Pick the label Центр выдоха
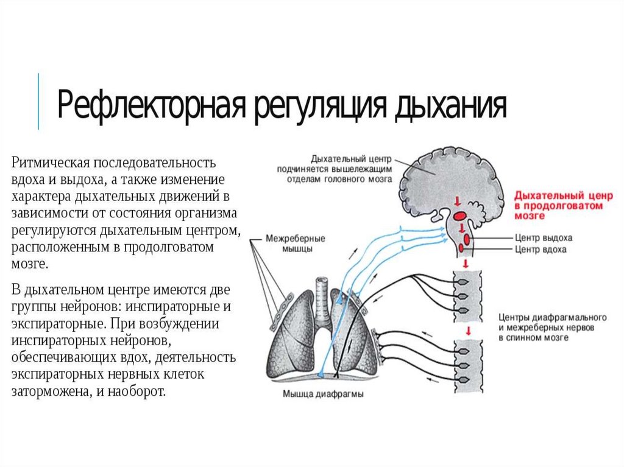[x=544, y=238]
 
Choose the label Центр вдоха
[x=541, y=249]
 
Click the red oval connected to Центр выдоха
[x=461, y=230]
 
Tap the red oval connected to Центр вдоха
[x=467, y=241]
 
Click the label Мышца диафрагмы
[x=323, y=394]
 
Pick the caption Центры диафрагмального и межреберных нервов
[x=551, y=327]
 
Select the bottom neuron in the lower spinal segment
[x=463, y=378]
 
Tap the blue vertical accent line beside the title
[x=38, y=101]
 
